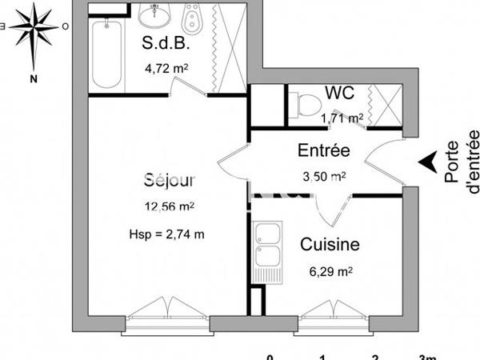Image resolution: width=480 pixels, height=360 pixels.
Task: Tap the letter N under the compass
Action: tap(34, 78)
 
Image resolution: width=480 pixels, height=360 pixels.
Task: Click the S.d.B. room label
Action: tap(165, 43)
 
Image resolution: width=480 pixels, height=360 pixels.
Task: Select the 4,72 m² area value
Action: tap(166, 69)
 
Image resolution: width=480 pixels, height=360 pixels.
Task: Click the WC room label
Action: tap(341, 93)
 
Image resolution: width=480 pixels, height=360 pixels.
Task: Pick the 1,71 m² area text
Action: tap(342, 118)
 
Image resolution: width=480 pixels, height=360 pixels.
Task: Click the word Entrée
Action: tap(323, 150)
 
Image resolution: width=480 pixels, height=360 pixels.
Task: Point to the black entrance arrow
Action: tap(430, 162)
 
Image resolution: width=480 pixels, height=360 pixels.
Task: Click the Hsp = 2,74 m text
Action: tap(166, 234)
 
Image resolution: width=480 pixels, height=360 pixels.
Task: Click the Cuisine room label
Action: tap(329, 245)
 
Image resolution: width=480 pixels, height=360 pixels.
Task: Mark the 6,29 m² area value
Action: tap(329, 272)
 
